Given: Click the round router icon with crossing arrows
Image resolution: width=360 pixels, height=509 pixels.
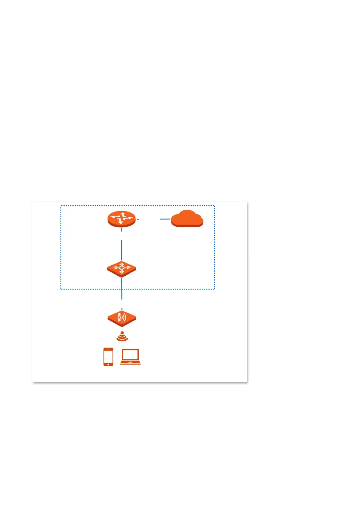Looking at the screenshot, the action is point(122,219).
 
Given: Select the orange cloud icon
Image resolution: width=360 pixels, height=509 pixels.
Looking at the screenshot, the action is point(187,219).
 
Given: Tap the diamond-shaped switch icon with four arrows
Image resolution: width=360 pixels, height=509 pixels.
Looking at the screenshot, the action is point(122,269).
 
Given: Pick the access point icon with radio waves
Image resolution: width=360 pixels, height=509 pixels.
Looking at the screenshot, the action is point(122,318).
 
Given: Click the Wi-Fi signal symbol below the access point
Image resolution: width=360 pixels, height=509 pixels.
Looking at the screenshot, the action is point(122,337).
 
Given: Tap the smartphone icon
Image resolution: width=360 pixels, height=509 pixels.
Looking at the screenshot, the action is point(108,357).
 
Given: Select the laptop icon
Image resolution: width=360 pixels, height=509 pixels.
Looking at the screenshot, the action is point(130,357).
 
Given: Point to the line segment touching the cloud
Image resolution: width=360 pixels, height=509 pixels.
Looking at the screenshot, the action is point(165,219).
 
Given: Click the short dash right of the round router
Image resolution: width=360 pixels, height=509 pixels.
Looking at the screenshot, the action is point(138,219).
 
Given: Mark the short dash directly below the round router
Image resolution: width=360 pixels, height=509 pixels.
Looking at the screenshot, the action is point(122,230).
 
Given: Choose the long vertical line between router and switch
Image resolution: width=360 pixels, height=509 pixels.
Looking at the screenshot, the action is point(122,250).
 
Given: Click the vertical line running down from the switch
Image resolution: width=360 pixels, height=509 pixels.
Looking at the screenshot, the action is point(122,289).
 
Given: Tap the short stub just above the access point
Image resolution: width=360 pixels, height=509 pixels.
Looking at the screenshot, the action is point(122,310).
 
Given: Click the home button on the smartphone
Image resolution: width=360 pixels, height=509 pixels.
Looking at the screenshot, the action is point(108,364).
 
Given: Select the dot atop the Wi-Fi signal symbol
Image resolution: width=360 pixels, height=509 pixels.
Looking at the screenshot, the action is point(122,333).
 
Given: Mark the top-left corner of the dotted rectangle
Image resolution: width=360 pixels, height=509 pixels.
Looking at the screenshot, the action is point(61,206).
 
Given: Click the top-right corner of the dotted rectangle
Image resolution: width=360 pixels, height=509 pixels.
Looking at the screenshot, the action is point(214,206).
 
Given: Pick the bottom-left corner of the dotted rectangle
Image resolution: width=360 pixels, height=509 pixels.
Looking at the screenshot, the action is point(61,289).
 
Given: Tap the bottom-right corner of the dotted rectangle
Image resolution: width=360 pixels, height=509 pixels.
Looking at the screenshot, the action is point(214,289).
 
